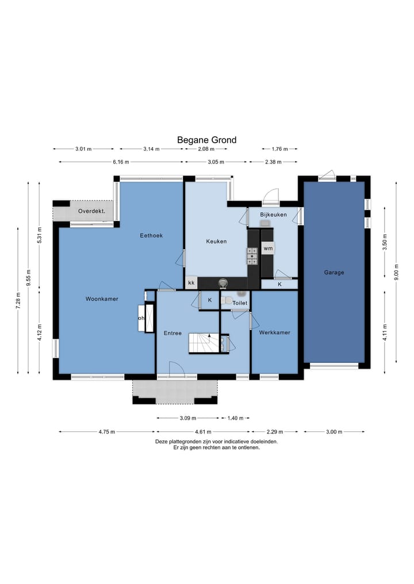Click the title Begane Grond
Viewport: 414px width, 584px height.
[206, 140]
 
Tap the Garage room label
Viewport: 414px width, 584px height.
[334, 272]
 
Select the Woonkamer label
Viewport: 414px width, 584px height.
[102, 299]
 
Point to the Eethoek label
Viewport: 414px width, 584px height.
[151, 235]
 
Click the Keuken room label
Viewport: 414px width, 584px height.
[216, 241]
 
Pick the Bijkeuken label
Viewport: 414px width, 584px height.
[273, 215]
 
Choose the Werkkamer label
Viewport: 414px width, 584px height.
[274, 332]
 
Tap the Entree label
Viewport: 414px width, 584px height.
[172, 333]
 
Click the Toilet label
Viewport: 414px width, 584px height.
[240, 303]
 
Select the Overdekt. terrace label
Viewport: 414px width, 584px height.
[91, 211]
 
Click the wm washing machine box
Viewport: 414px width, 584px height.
[268, 248]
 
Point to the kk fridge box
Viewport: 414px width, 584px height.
[191, 283]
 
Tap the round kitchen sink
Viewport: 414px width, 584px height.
[223, 283]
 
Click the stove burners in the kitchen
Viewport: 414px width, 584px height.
[252, 256]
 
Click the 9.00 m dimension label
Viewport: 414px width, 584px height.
[396, 272]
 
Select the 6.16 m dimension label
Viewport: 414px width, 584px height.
[121, 161]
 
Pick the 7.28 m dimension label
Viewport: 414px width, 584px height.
[18, 300]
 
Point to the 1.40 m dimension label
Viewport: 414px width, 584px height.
[235, 418]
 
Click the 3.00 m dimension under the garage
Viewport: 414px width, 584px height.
[334, 432]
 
